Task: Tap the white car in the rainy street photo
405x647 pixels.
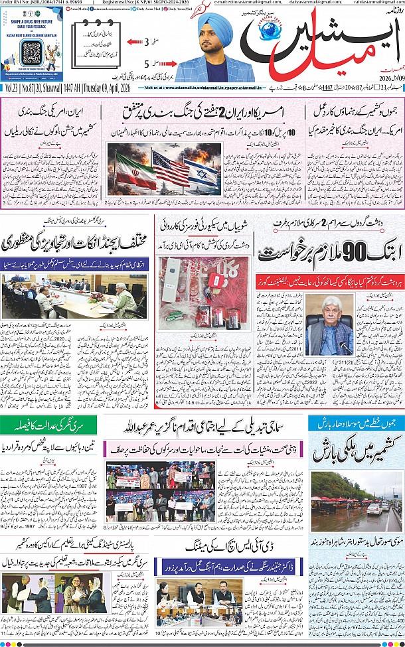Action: click(374, 508)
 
